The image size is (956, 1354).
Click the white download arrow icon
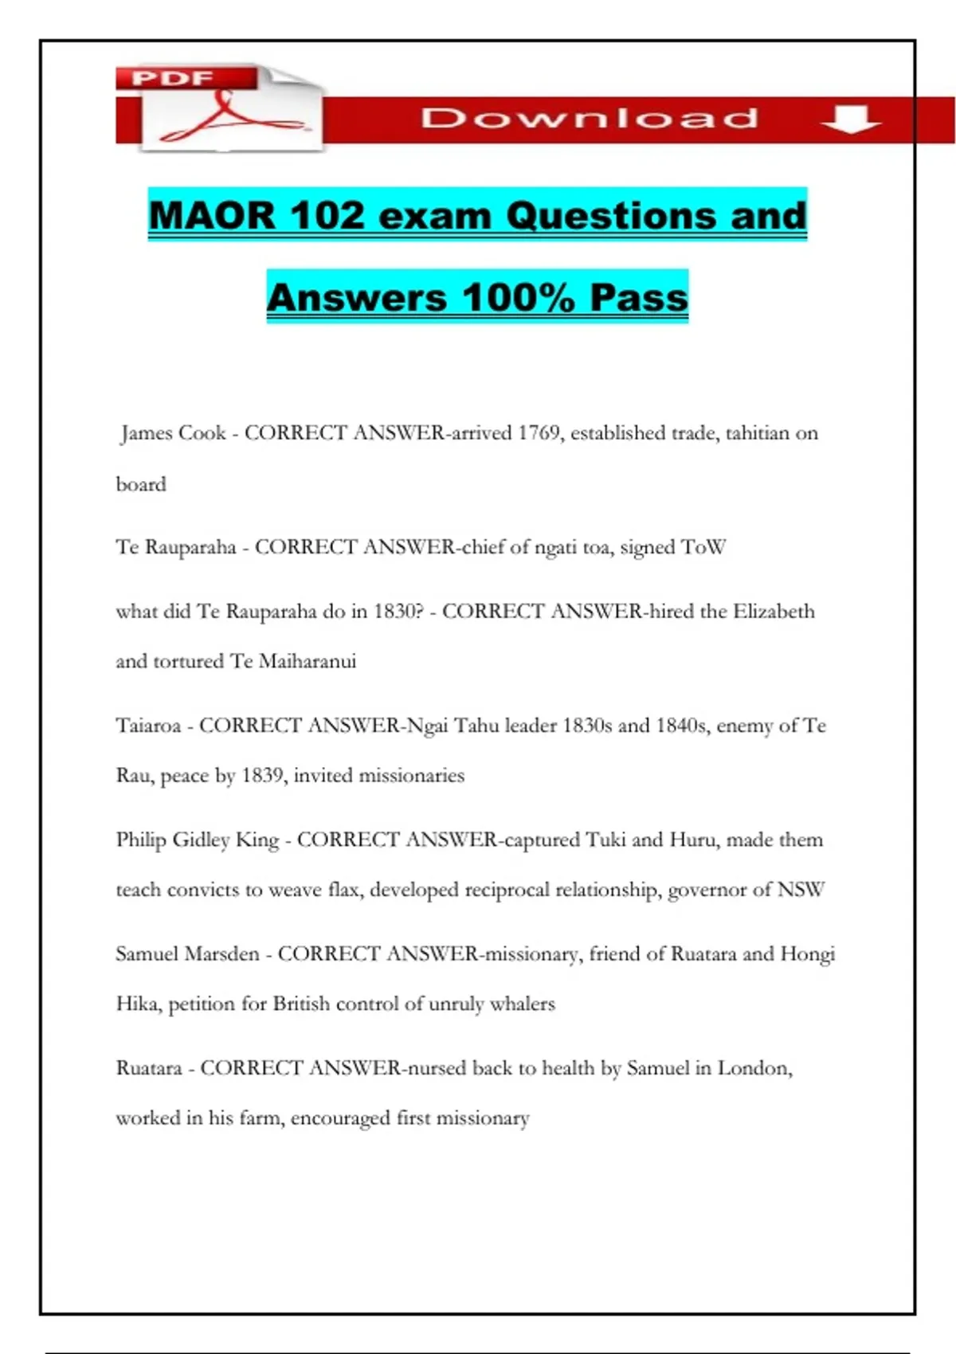(850, 119)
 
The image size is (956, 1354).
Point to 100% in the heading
(518, 298)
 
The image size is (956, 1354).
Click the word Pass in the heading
(639, 298)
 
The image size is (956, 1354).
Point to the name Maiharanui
(308, 661)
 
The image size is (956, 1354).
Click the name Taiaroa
(148, 726)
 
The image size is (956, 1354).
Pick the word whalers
(522, 1004)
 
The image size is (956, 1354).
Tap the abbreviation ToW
(703, 547)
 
